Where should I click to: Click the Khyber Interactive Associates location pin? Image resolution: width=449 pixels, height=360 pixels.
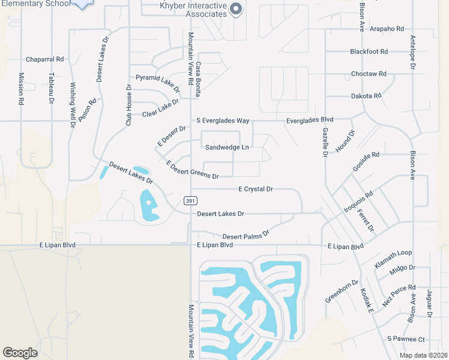235,8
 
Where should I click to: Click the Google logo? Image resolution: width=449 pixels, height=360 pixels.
20,352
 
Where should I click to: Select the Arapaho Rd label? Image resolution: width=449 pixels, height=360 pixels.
387,28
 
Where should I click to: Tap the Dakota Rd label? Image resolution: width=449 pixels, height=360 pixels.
366,95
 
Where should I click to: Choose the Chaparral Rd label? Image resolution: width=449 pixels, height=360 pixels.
44,59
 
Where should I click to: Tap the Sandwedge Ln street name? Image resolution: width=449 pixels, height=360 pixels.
227,147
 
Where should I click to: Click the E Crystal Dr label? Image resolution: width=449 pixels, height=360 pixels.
256,189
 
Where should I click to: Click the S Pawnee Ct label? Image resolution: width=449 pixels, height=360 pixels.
406,339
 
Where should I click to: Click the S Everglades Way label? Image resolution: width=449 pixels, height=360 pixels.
223,121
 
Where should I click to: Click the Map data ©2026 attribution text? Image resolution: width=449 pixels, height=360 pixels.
423,355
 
